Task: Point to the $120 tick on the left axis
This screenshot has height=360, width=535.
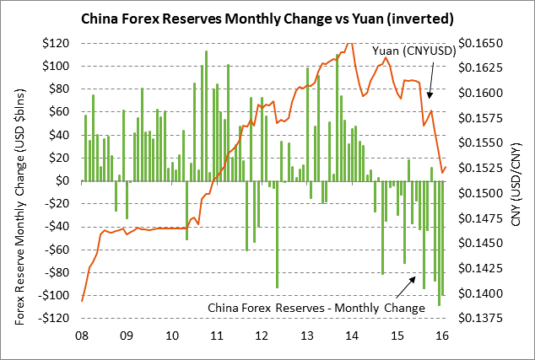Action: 57,42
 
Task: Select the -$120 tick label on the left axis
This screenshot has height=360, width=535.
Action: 55,319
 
